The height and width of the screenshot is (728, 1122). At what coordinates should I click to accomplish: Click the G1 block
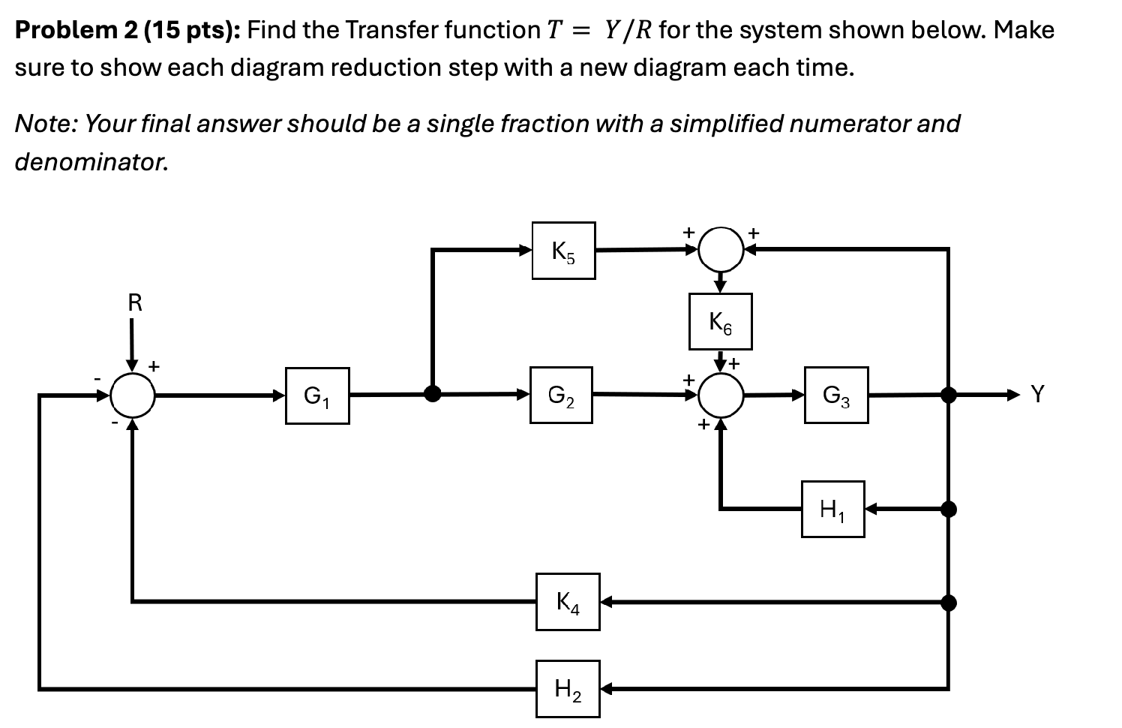(317, 396)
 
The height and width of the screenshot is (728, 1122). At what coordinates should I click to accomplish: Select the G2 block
(561, 395)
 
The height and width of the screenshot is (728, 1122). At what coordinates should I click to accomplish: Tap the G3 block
(836, 395)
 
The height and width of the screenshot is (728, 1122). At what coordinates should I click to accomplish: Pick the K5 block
(563, 251)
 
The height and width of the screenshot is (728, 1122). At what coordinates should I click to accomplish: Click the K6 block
(720, 322)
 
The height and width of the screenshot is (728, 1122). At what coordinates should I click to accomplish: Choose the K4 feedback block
(568, 602)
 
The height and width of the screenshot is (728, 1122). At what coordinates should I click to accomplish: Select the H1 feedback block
(832, 510)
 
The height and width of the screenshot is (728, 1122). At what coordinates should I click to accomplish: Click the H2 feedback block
(568, 688)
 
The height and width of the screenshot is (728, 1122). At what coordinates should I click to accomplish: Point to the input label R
(135, 303)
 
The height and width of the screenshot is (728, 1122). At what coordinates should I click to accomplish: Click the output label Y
(1037, 394)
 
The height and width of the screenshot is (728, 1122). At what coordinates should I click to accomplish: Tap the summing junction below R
(133, 395)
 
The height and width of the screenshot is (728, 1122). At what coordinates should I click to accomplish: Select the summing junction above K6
(720, 250)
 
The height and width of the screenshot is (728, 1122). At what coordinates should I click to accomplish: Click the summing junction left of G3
(720, 395)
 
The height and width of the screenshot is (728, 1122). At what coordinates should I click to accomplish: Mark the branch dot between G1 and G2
(433, 394)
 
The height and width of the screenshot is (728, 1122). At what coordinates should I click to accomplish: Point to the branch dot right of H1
(949, 510)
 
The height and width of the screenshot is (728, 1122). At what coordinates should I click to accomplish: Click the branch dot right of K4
(949, 602)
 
